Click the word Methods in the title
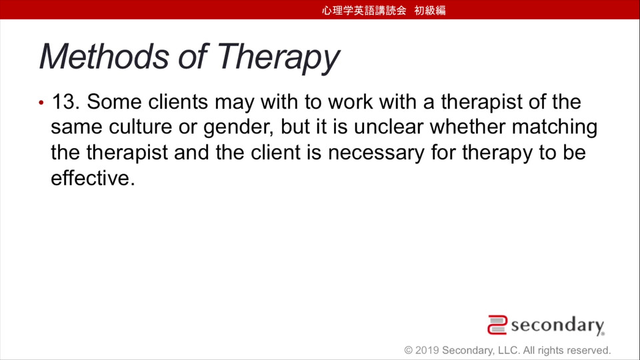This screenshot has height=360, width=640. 104,56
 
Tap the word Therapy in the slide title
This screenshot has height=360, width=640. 279,59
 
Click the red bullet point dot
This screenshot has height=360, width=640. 41,103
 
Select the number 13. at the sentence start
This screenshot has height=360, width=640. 65,101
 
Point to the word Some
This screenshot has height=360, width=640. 114,101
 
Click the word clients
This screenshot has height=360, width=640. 178,101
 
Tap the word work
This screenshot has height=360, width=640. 350,101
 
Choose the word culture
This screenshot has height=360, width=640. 140,127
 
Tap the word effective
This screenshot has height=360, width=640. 93,178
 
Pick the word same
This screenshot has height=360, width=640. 76,127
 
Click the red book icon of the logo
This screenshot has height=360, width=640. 497,325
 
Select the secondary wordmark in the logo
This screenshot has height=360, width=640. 557,325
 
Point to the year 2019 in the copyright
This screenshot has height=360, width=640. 427,350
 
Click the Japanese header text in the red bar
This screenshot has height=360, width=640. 384,10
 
